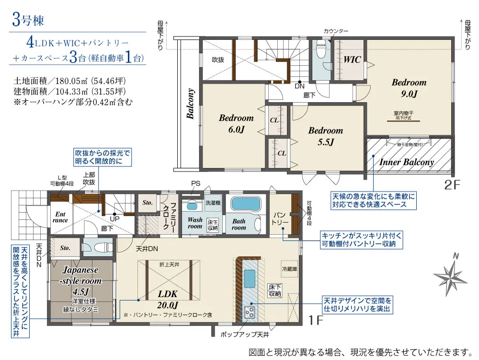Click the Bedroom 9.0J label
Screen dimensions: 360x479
point(409,88)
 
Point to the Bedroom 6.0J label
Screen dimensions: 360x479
point(236,123)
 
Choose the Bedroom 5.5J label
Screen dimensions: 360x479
point(325,136)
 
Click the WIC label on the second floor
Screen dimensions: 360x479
point(351,60)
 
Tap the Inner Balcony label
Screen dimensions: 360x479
point(407,162)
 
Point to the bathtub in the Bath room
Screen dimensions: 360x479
point(244,204)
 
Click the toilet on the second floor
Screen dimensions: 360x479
point(321,50)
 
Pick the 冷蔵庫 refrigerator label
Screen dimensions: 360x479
point(289,269)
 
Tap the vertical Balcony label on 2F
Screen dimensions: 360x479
point(190,104)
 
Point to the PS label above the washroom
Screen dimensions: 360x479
point(195,184)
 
